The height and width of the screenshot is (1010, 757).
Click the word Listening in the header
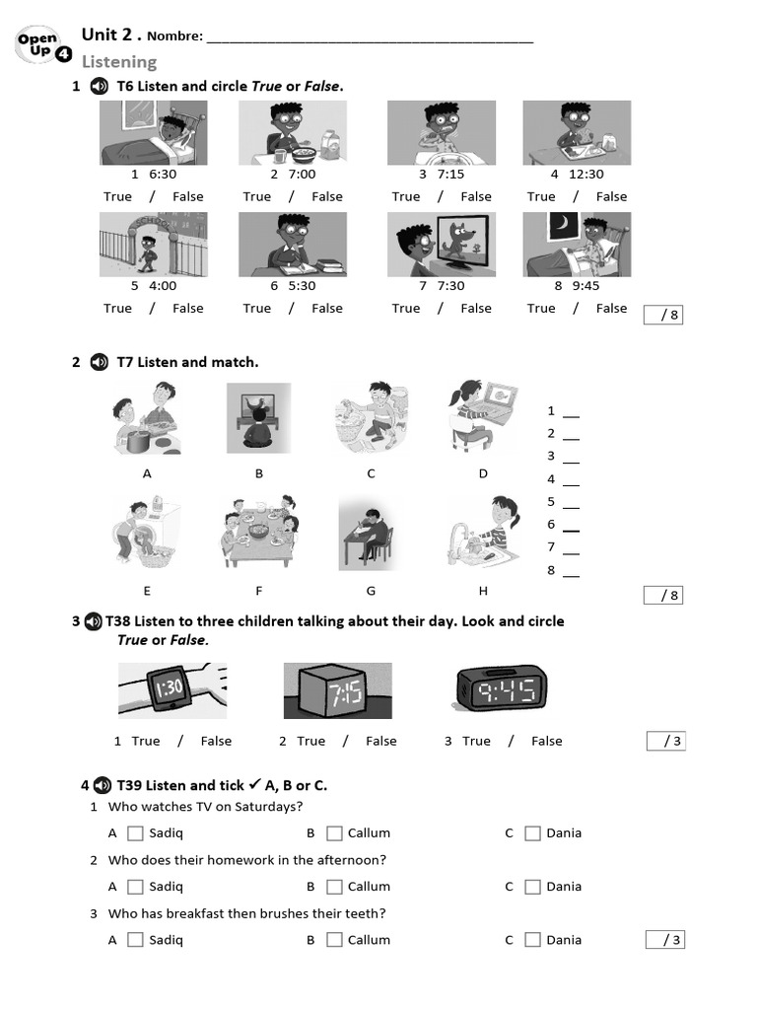point(118,62)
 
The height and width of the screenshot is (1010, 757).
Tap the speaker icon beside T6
point(99,87)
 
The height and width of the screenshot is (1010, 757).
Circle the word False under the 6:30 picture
point(187,197)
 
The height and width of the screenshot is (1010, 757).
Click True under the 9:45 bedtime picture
point(540,309)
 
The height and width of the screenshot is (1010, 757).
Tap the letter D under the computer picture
point(483,473)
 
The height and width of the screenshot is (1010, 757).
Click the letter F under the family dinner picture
point(259,591)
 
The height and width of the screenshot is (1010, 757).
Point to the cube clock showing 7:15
point(337,690)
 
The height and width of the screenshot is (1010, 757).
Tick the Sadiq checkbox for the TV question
point(136,833)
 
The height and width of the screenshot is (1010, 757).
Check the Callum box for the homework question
point(334,887)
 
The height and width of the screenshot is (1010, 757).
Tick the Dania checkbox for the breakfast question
point(532,940)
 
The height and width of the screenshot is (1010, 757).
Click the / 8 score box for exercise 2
point(663,596)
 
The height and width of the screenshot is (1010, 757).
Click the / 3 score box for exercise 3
point(665,742)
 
